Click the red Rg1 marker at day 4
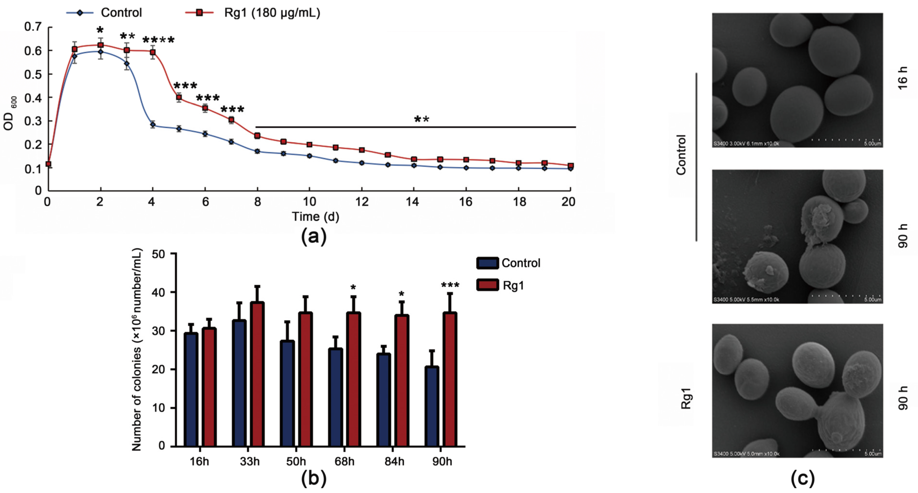(153, 52)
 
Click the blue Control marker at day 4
(153, 124)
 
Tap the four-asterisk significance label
(159, 40)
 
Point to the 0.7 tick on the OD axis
(33, 27)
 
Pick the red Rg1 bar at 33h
(257, 374)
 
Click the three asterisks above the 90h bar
(450, 285)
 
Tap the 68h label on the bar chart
(344, 462)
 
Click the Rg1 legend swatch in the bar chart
(487, 285)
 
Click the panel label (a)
(314, 236)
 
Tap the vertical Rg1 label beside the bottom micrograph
(686, 398)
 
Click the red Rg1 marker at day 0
(48, 164)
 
